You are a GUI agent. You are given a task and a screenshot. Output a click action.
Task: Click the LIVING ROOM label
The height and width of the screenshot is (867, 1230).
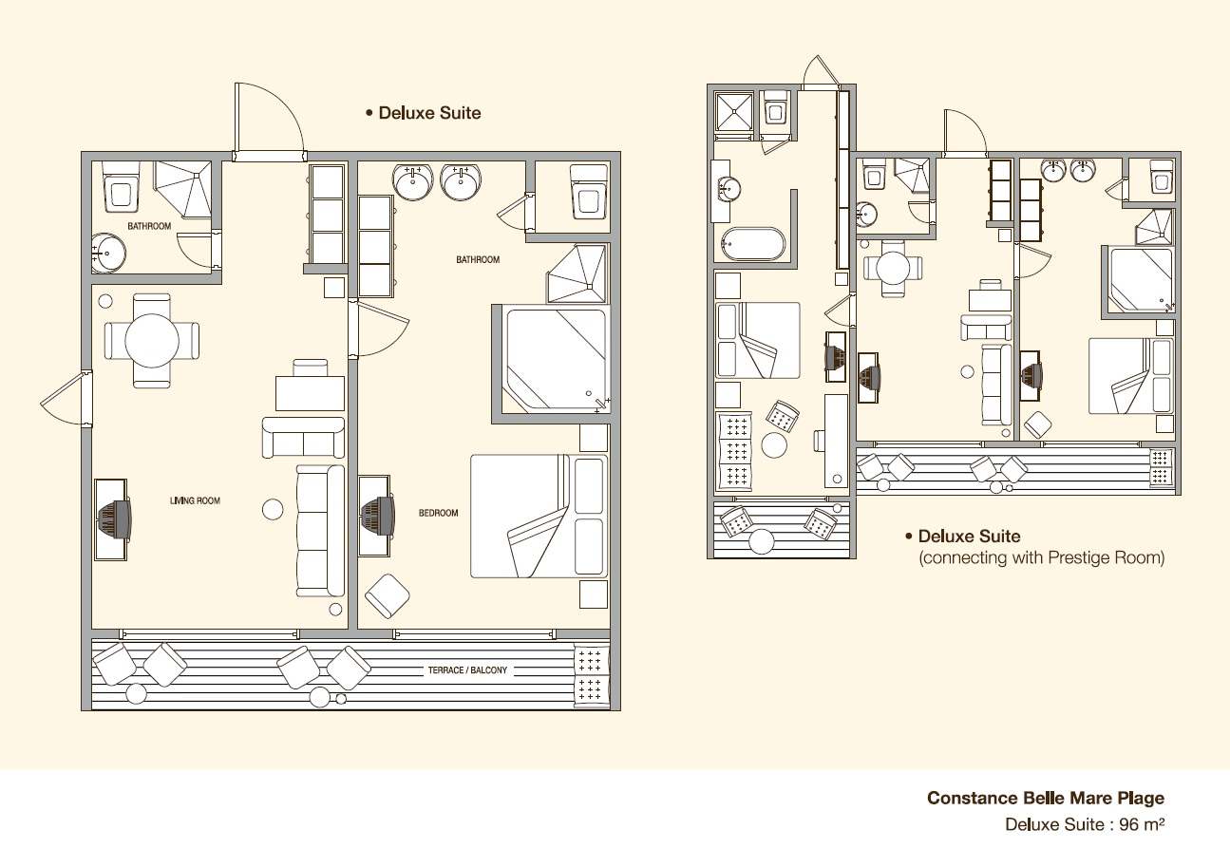(x=195, y=500)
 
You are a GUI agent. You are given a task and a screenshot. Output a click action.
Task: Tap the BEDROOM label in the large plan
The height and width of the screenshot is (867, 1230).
(x=438, y=513)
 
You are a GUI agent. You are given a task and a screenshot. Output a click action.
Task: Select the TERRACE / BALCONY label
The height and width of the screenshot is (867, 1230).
(x=467, y=669)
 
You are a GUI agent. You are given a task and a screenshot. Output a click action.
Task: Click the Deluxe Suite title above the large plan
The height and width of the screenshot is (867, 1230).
(x=429, y=113)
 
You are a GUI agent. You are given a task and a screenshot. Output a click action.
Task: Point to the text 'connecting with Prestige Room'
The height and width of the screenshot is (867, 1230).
(x=1042, y=557)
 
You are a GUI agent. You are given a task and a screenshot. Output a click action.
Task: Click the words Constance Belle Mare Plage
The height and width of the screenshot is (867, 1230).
(x=1046, y=798)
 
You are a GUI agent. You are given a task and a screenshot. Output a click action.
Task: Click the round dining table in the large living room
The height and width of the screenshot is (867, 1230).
(x=152, y=340)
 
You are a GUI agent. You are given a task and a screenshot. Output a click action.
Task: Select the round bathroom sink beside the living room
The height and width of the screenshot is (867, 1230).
(x=108, y=254)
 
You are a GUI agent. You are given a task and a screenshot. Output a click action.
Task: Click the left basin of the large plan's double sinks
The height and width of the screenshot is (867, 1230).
(x=412, y=182)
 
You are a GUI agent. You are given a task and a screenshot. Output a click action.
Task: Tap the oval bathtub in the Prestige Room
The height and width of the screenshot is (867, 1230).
(x=753, y=244)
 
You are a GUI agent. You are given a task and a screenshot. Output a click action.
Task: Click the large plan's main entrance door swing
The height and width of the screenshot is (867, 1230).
(x=269, y=122)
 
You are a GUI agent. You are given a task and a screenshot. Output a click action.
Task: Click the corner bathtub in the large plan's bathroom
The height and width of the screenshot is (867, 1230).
(x=555, y=361)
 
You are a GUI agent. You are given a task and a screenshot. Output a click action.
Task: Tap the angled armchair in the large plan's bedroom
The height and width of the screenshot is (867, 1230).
(x=388, y=596)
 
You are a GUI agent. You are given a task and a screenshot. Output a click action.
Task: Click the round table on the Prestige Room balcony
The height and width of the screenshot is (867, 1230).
(x=762, y=541)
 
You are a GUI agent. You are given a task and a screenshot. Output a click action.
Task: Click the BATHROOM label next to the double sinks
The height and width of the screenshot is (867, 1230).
(x=478, y=259)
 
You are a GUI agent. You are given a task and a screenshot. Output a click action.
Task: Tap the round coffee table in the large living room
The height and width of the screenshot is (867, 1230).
(x=273, y=510)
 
